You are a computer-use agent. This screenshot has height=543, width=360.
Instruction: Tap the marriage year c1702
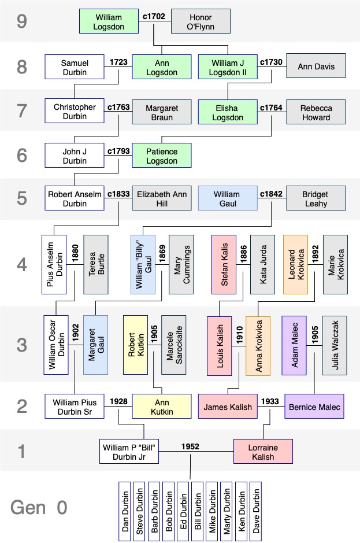(x=154, y=17)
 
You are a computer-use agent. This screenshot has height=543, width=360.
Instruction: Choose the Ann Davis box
(x=316, y=67)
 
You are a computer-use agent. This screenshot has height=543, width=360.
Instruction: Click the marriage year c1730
(x=271, y=61)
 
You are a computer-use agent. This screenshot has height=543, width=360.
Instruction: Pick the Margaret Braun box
(x=161, y=112)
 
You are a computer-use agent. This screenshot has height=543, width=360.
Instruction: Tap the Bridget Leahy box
(x=316, y=199)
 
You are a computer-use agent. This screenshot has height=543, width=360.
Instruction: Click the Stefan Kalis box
(x=225, y=264)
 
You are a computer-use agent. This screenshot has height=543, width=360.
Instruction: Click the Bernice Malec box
(x=314, y=407)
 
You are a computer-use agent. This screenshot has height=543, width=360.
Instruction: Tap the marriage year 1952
(x=190, y=446)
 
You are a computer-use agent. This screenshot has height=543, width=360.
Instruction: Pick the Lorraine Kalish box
(x=262, y=452)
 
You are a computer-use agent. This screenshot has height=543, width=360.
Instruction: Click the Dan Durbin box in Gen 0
(x=125, y=511)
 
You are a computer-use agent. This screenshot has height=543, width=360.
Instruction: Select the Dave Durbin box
(x=255, y=511)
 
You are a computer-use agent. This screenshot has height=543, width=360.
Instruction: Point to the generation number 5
(x=21, y=198)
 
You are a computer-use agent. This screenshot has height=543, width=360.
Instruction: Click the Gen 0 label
(x=39, y=508)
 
